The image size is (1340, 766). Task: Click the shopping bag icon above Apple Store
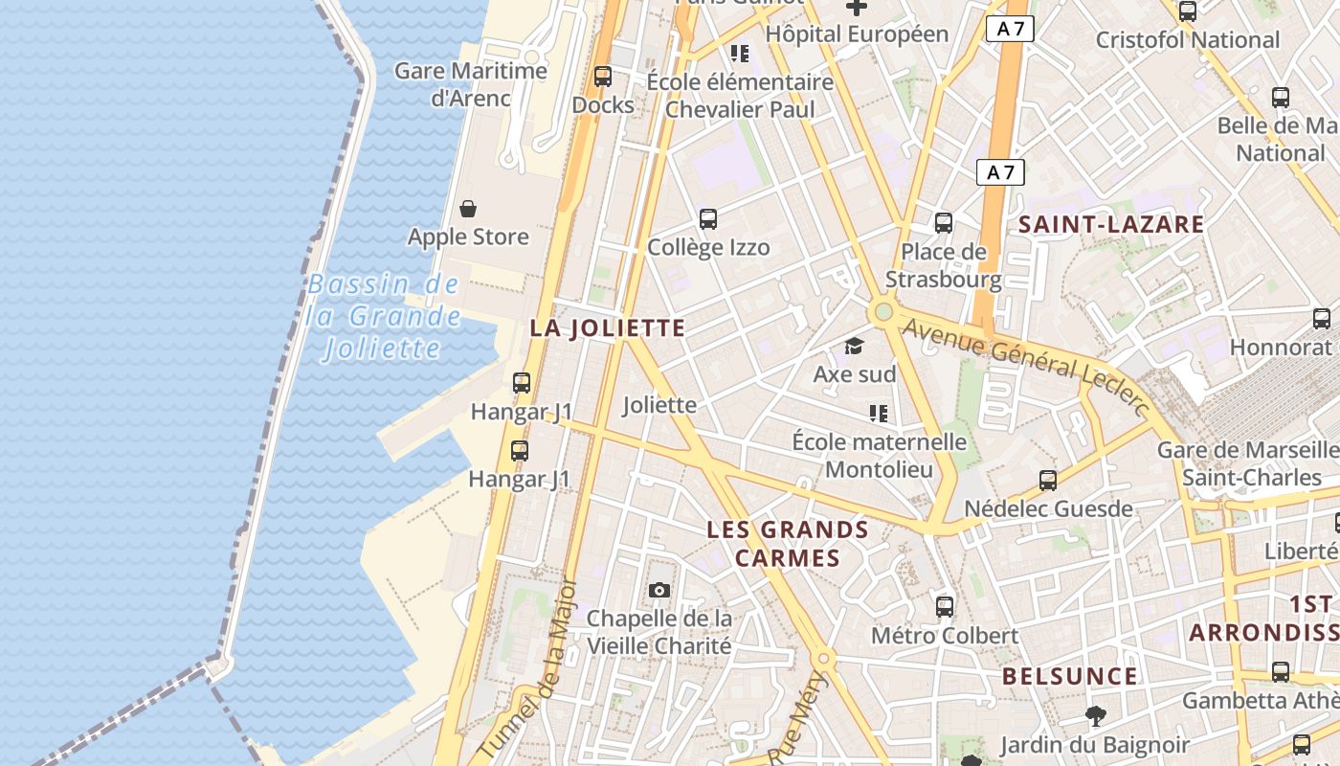coord(468,208)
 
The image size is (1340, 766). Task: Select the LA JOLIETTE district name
coord(608,328)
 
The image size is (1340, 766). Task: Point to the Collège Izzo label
coord(708,248)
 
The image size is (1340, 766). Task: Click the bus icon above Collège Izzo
coord(708,219)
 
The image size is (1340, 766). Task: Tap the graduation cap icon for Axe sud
coord(854,346)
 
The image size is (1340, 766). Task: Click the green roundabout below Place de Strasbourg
coord(882,312)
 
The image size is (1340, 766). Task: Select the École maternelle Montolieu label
coord(879,456)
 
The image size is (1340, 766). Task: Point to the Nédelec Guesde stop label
coord(1048,508)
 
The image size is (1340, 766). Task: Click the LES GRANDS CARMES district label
coord(788,544)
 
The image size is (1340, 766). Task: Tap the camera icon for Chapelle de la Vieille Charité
coord(659,590)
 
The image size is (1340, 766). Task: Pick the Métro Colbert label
coord(944,636)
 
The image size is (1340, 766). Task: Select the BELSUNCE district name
coord(1069,677)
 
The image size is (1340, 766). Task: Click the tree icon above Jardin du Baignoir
coord(1095,715)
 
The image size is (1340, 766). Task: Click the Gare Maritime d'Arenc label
coord(471,84)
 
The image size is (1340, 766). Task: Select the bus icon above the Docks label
coord(603,77)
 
